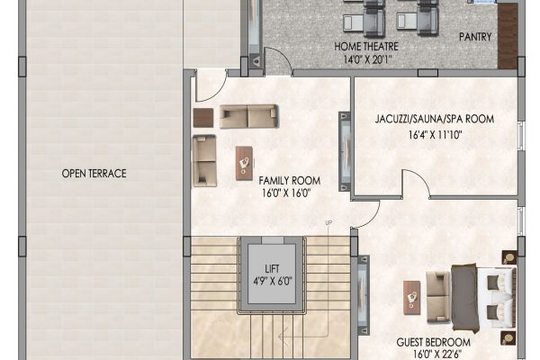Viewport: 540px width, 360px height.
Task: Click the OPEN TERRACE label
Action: (x=94, y=174)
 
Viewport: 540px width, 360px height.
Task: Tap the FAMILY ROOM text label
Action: (x=289, y=181)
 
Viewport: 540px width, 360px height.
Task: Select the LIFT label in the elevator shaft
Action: (x=272, y=269)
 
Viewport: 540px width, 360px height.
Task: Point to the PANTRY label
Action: (x=475, y=37)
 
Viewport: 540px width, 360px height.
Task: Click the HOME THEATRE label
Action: (x=366, y=46)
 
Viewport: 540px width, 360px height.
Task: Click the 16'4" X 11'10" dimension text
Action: (x=435, y=135)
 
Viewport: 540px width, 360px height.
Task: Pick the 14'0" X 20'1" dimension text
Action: (x=367, y=59)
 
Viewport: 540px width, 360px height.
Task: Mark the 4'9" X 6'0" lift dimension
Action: (x=273, y=282)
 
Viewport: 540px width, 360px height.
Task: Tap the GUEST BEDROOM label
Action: (x=433, y=342)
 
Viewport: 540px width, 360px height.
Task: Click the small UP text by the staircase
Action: (x=328, y=223)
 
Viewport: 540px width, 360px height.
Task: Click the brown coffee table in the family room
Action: (x=244, y=163)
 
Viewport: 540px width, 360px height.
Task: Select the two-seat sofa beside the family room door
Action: (x=249, y=116)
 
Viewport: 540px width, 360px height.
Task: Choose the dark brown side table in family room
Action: (x=203, y=118)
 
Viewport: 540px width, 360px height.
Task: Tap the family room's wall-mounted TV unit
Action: (x=345, y=151)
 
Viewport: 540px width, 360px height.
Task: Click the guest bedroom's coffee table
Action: (x=412, y=298)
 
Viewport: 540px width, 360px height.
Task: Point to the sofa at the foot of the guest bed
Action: (x=438, y=297)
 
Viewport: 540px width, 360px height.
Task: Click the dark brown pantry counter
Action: (x=508, y=36)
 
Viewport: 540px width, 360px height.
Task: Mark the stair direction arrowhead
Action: (x=283, y=337)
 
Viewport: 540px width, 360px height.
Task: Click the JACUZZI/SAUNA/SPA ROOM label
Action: (x=435, y=119)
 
